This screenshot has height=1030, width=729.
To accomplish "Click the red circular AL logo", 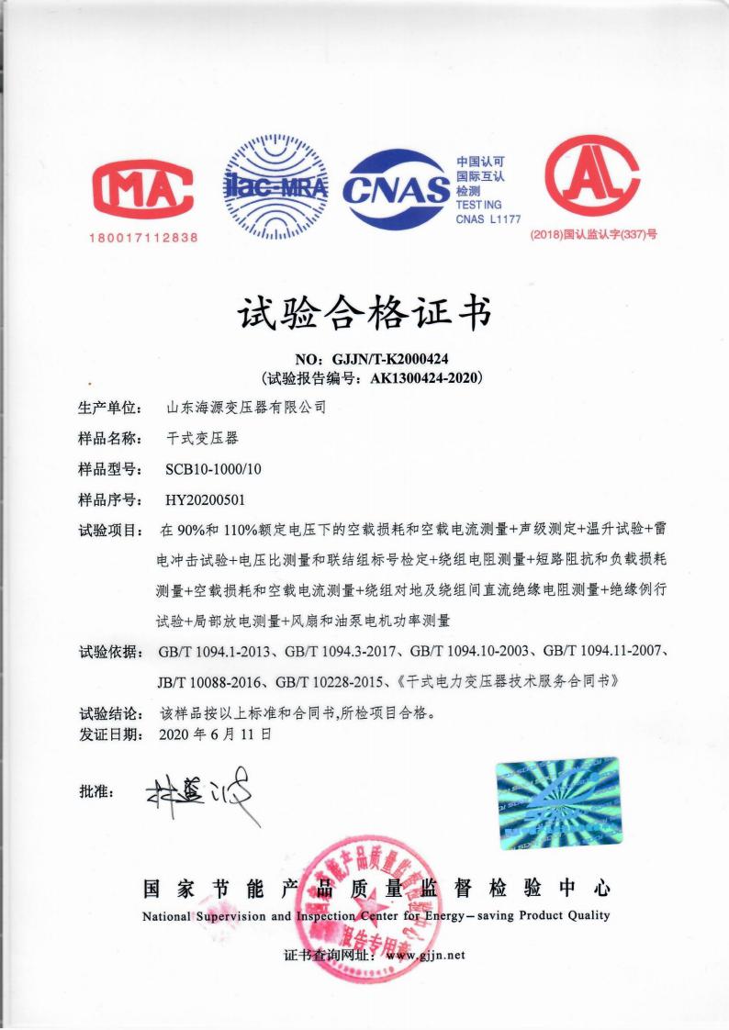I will [591, 179].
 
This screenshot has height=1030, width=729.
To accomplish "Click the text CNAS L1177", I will [488, 219].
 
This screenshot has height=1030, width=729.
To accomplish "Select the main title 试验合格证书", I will [364, 314].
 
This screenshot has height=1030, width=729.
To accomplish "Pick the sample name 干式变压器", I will [202, 438].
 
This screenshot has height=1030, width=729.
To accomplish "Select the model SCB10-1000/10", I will [213, 469].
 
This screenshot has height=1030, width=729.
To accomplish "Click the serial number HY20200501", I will [205, 500].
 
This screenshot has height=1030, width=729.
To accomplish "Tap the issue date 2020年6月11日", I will [215, 733].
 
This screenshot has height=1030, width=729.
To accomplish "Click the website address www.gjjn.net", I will [425, 955].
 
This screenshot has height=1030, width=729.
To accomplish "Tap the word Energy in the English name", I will [467, 915].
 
